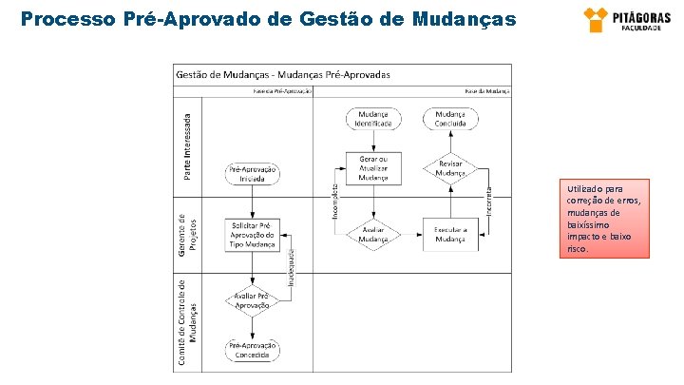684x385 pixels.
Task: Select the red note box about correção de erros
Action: tap(604, 218)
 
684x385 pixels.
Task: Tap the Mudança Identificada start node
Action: tap(372, 119)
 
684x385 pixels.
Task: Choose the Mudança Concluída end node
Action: tap(450, 119)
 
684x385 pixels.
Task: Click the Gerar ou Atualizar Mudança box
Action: tap(372, 167)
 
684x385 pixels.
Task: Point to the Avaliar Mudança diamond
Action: tap(372, 234)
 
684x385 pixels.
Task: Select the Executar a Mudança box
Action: tap(450, 234)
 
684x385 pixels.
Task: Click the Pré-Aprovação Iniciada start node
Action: tap(253, 173)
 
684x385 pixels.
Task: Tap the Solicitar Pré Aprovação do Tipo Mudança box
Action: tap(253, 234)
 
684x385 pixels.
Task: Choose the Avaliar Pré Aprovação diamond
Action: tap(253, 300)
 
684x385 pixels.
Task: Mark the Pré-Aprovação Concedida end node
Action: tap(253, 350)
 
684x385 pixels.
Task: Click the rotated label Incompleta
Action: tap(334, 202)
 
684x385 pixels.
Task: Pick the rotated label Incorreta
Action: tap(488, 200)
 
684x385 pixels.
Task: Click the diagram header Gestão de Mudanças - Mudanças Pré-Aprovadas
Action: tap(283, 74)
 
